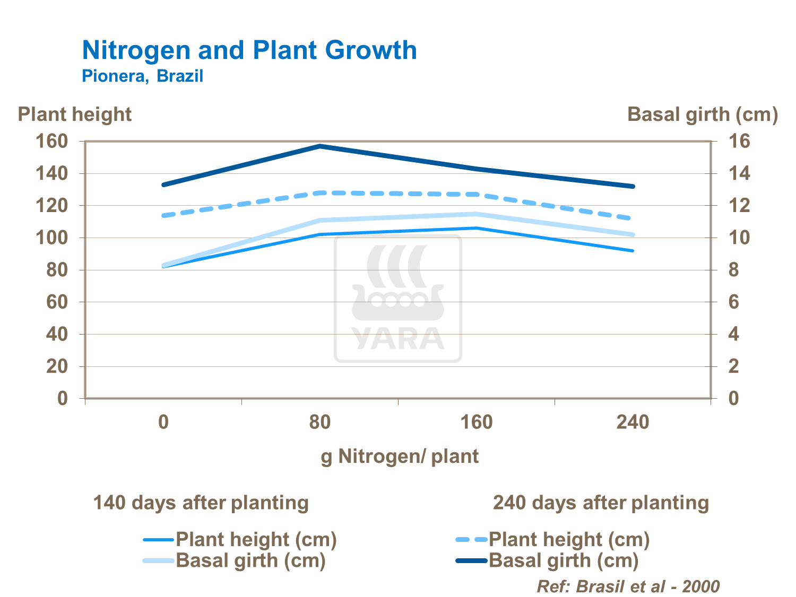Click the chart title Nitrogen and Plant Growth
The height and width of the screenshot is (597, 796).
point(249,50)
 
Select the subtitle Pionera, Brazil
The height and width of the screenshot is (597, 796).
point(142,76)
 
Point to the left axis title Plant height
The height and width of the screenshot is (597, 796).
point(75,115)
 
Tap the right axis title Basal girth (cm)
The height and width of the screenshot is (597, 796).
point(703,115)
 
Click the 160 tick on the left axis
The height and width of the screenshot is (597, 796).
point(51,142)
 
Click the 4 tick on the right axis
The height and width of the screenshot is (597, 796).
point(733,334)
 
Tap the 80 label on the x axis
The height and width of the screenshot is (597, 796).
point(320,422)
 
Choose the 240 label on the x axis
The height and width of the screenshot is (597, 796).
point(633,422)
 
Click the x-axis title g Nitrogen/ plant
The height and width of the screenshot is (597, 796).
point(400,456)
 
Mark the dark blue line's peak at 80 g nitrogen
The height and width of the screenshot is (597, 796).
point(320,146)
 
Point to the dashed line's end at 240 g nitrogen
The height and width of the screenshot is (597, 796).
point(631,218)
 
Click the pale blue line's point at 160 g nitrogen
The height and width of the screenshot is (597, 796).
point(476,214)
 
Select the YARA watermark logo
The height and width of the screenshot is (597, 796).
point(398,299)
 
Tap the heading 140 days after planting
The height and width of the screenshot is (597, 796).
point(201,503)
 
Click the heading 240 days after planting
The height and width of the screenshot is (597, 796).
point(601,503)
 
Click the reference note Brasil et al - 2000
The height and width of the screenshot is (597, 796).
point(628,586)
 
